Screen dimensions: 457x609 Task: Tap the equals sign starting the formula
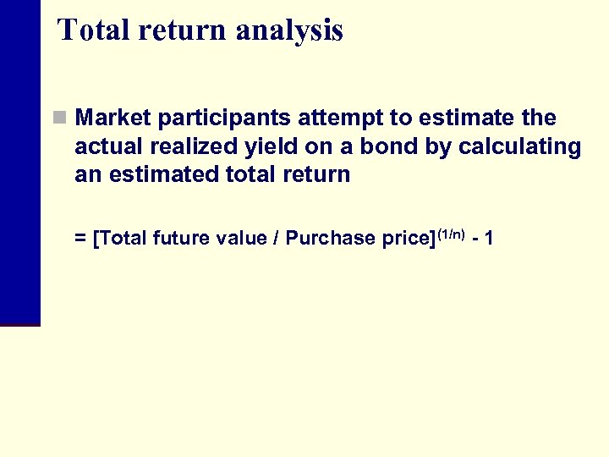coord(80,239)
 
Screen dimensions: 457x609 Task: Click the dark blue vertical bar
coord(20,161)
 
